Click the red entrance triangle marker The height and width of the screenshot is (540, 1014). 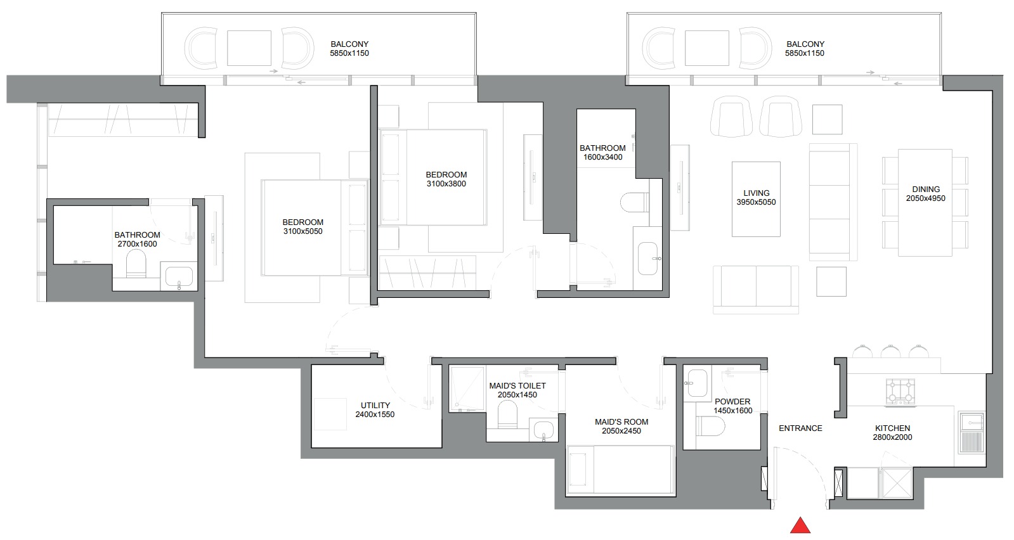(801, 525)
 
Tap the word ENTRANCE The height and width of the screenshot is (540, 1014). (800, 428)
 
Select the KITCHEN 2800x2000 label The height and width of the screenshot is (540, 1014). (892, 433)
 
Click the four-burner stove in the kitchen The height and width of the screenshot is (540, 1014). (900, 391)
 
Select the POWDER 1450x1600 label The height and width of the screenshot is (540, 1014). (732, 406)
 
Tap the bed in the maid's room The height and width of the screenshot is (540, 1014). (621, 469)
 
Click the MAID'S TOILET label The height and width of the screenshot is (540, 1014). (517, 386)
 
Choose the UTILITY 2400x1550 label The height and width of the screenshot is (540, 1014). (375, 410)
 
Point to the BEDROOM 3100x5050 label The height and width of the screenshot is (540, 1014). (302, 227)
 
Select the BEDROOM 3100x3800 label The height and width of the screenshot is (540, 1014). (446, 179)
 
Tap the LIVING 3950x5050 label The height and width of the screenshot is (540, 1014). (756, 198)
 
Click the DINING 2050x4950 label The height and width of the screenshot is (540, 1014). (925, 194)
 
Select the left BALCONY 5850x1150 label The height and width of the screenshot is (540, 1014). (349, 49)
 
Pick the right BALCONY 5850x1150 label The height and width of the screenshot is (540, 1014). (805, 49)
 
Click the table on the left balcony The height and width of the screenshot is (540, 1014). (249, 48)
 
